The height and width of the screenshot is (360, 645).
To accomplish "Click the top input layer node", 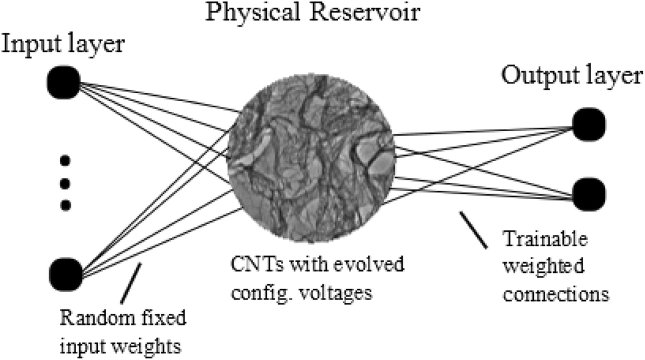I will (x=65, y=82).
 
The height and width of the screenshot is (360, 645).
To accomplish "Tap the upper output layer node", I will (x=589, y=123).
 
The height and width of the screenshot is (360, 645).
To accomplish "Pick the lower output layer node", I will (x=589, y=192).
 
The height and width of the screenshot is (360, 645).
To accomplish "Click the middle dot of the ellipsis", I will (x=65, y=182).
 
